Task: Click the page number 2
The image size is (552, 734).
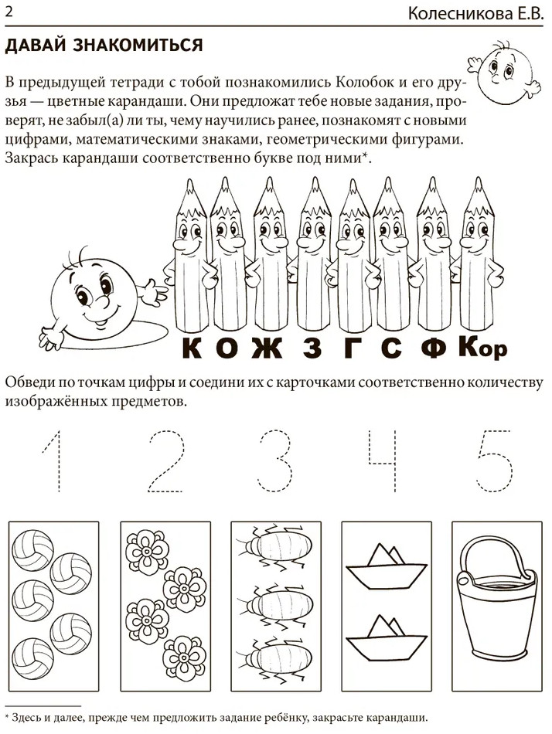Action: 9,12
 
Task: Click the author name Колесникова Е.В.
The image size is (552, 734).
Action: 475,14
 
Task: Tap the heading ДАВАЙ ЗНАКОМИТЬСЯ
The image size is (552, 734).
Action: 104,46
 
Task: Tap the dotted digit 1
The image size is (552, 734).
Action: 53,460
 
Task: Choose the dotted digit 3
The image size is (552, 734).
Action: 275,460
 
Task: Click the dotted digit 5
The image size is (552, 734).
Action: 494,460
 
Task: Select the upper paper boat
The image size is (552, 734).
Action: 387,565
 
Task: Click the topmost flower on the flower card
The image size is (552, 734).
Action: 148,552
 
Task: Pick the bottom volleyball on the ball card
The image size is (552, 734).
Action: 32,658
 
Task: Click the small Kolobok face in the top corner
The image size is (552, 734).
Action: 505,71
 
